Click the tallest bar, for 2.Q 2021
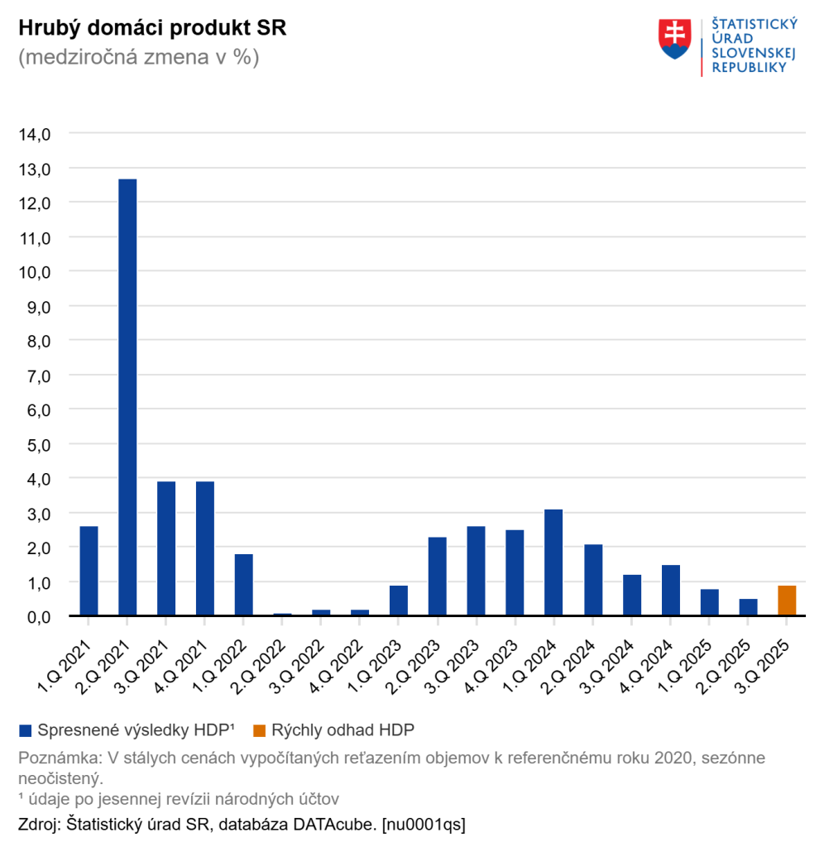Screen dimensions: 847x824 (127, 397)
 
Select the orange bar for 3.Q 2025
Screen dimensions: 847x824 (787, 601)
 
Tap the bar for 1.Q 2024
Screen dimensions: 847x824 (554, 562)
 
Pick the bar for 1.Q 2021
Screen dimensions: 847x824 (89, 571)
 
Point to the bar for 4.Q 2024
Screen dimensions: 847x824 (671, 591)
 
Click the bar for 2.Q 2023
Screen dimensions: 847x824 (438, 577)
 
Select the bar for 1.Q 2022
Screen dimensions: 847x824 (244, 585)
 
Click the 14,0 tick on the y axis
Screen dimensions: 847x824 (35, 133)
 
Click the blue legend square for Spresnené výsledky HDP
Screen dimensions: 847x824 (25, 730)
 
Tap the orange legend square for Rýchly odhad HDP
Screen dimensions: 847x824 (259, 730)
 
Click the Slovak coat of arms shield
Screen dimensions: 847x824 (674, 39)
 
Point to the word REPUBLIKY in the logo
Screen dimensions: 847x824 (749, 68)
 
